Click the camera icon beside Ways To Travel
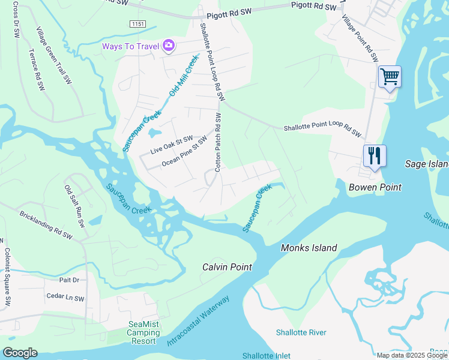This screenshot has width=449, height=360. click(169, 46)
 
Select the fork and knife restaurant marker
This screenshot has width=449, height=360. click(375, 156)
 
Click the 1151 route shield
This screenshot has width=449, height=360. click(137, 23)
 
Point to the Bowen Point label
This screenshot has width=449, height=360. click(375, 188)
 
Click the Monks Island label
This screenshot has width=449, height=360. click(309, 248)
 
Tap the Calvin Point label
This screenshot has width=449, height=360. click(226, 266)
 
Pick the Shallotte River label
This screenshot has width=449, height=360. click(301, 332)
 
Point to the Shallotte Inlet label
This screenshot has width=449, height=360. click(267, 356)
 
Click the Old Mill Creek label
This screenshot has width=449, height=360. click(183, 76)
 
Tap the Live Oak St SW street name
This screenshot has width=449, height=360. click(172, 141)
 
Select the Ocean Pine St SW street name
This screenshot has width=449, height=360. click(184, 152)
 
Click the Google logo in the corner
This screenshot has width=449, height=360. click(20, 353)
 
